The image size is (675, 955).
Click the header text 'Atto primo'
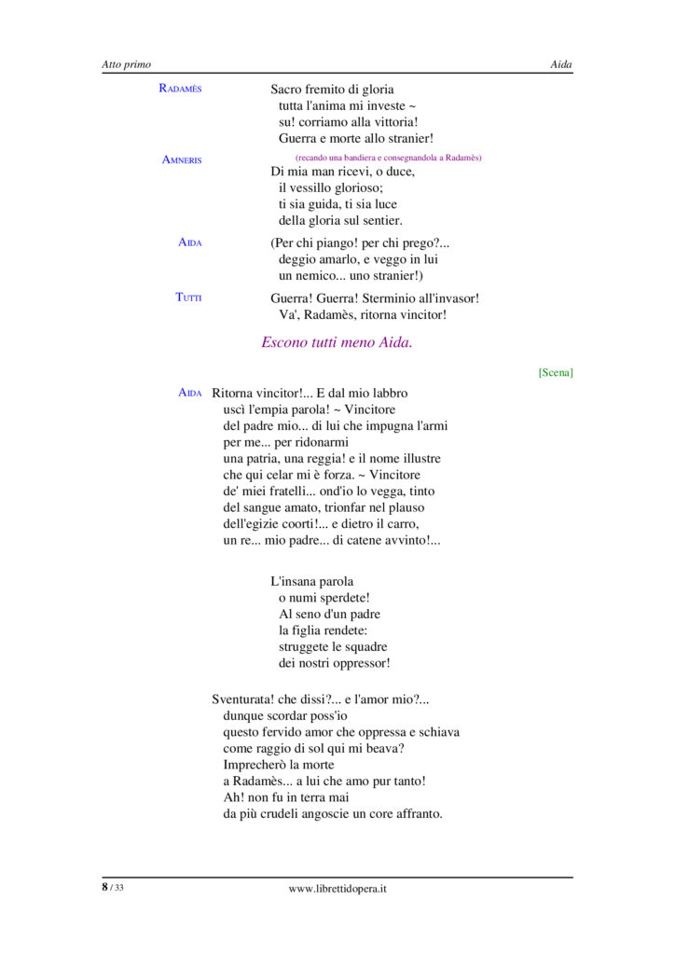click(126, 64)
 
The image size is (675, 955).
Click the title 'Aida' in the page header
click(561, 64)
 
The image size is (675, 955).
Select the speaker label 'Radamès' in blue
click(180, 89)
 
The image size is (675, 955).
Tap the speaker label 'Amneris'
click(182, 160)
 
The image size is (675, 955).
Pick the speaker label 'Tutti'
click(188, 298)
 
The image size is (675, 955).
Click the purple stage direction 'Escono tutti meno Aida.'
click(337, 342)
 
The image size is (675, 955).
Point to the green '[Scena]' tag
click(556, 372)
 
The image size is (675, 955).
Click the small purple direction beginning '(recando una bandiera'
click(388, 158)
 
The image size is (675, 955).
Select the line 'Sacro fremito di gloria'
click(332, 90)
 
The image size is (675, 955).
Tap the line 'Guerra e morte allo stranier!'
click(356, 139)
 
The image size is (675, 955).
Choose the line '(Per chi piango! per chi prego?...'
click(359, 242)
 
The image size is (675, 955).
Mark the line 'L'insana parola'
click(311, 581)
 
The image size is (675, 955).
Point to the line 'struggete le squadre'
click(333, 647)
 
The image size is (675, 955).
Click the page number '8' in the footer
click(105, 887)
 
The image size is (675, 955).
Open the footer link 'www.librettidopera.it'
click(337, 889)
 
